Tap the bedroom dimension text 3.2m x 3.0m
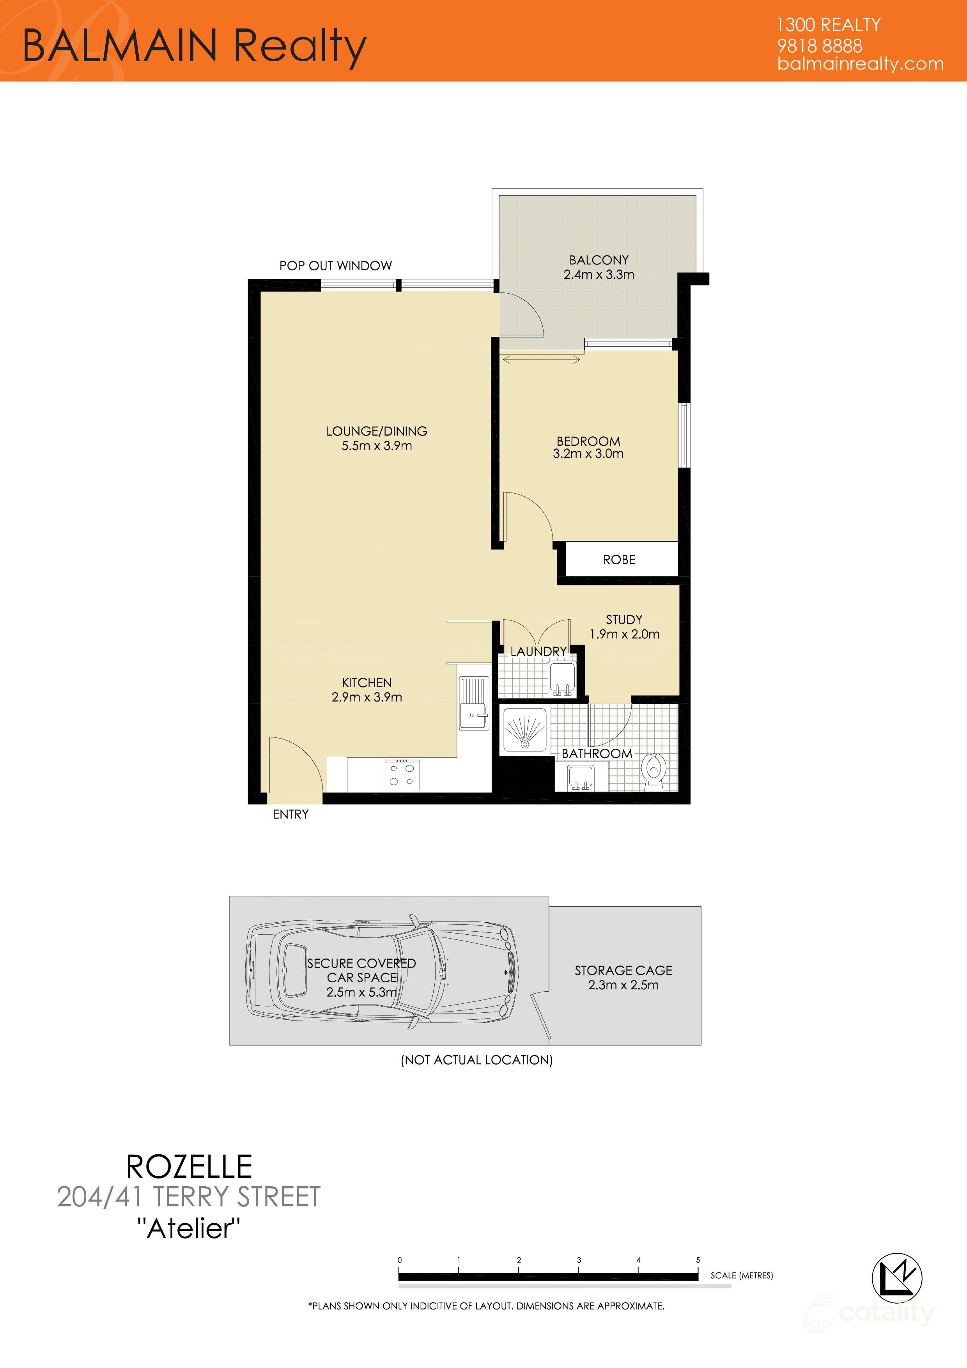click(x=588, y=454)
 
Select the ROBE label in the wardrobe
click(x=619, y=560)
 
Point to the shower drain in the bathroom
click(x=524, y=743)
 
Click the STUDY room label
click(x=624, y=620)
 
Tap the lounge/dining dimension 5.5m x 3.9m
click(x=377, y=446)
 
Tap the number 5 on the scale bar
click(x=698, y=1260)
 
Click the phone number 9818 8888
click(x=819, y=46)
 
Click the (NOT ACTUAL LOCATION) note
click(x=476, y=1060)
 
